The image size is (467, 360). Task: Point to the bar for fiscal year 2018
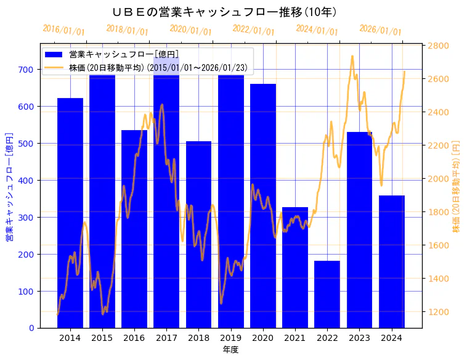pyautogui.click(x=198, y=234)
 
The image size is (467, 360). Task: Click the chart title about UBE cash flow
pyautogui.click(x=225, y=12)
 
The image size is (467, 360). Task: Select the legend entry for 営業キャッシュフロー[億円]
pyautogui.click(x=124, y=54)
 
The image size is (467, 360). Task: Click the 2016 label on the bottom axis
pyautogui.click(x=134, y=338)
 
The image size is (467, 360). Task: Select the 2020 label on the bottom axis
pyautogui.click(x=263, y=338)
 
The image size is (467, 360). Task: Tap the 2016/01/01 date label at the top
pyautogui.click(x=64, y=30)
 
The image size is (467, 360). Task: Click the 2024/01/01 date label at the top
pyautogui.click(x=317, y=30)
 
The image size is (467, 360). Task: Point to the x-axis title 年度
pyautogui.click(x=231, y=350)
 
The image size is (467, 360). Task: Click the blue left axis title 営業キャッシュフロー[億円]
pyautogui.click(x=9, y=186)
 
